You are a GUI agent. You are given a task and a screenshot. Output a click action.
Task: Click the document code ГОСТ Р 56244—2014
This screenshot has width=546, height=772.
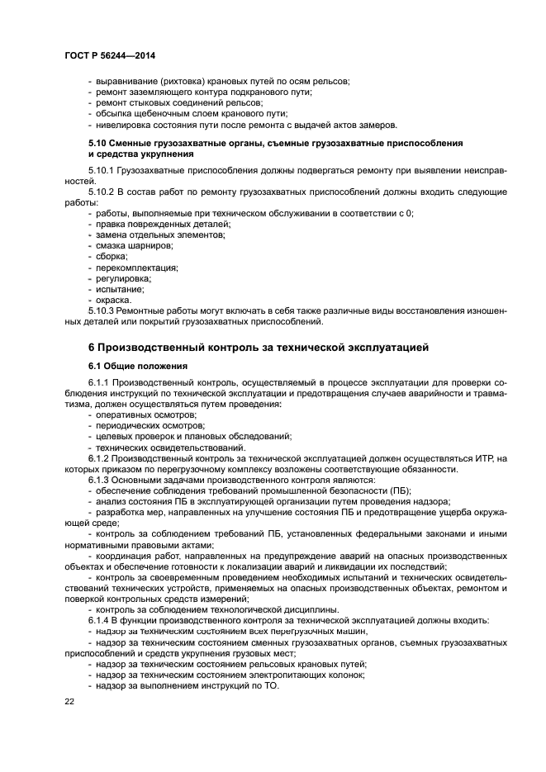(110, 55)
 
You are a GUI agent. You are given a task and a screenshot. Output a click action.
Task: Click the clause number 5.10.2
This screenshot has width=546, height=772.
(102, 192)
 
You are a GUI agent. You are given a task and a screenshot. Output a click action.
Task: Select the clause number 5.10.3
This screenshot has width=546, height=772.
(102, 310)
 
